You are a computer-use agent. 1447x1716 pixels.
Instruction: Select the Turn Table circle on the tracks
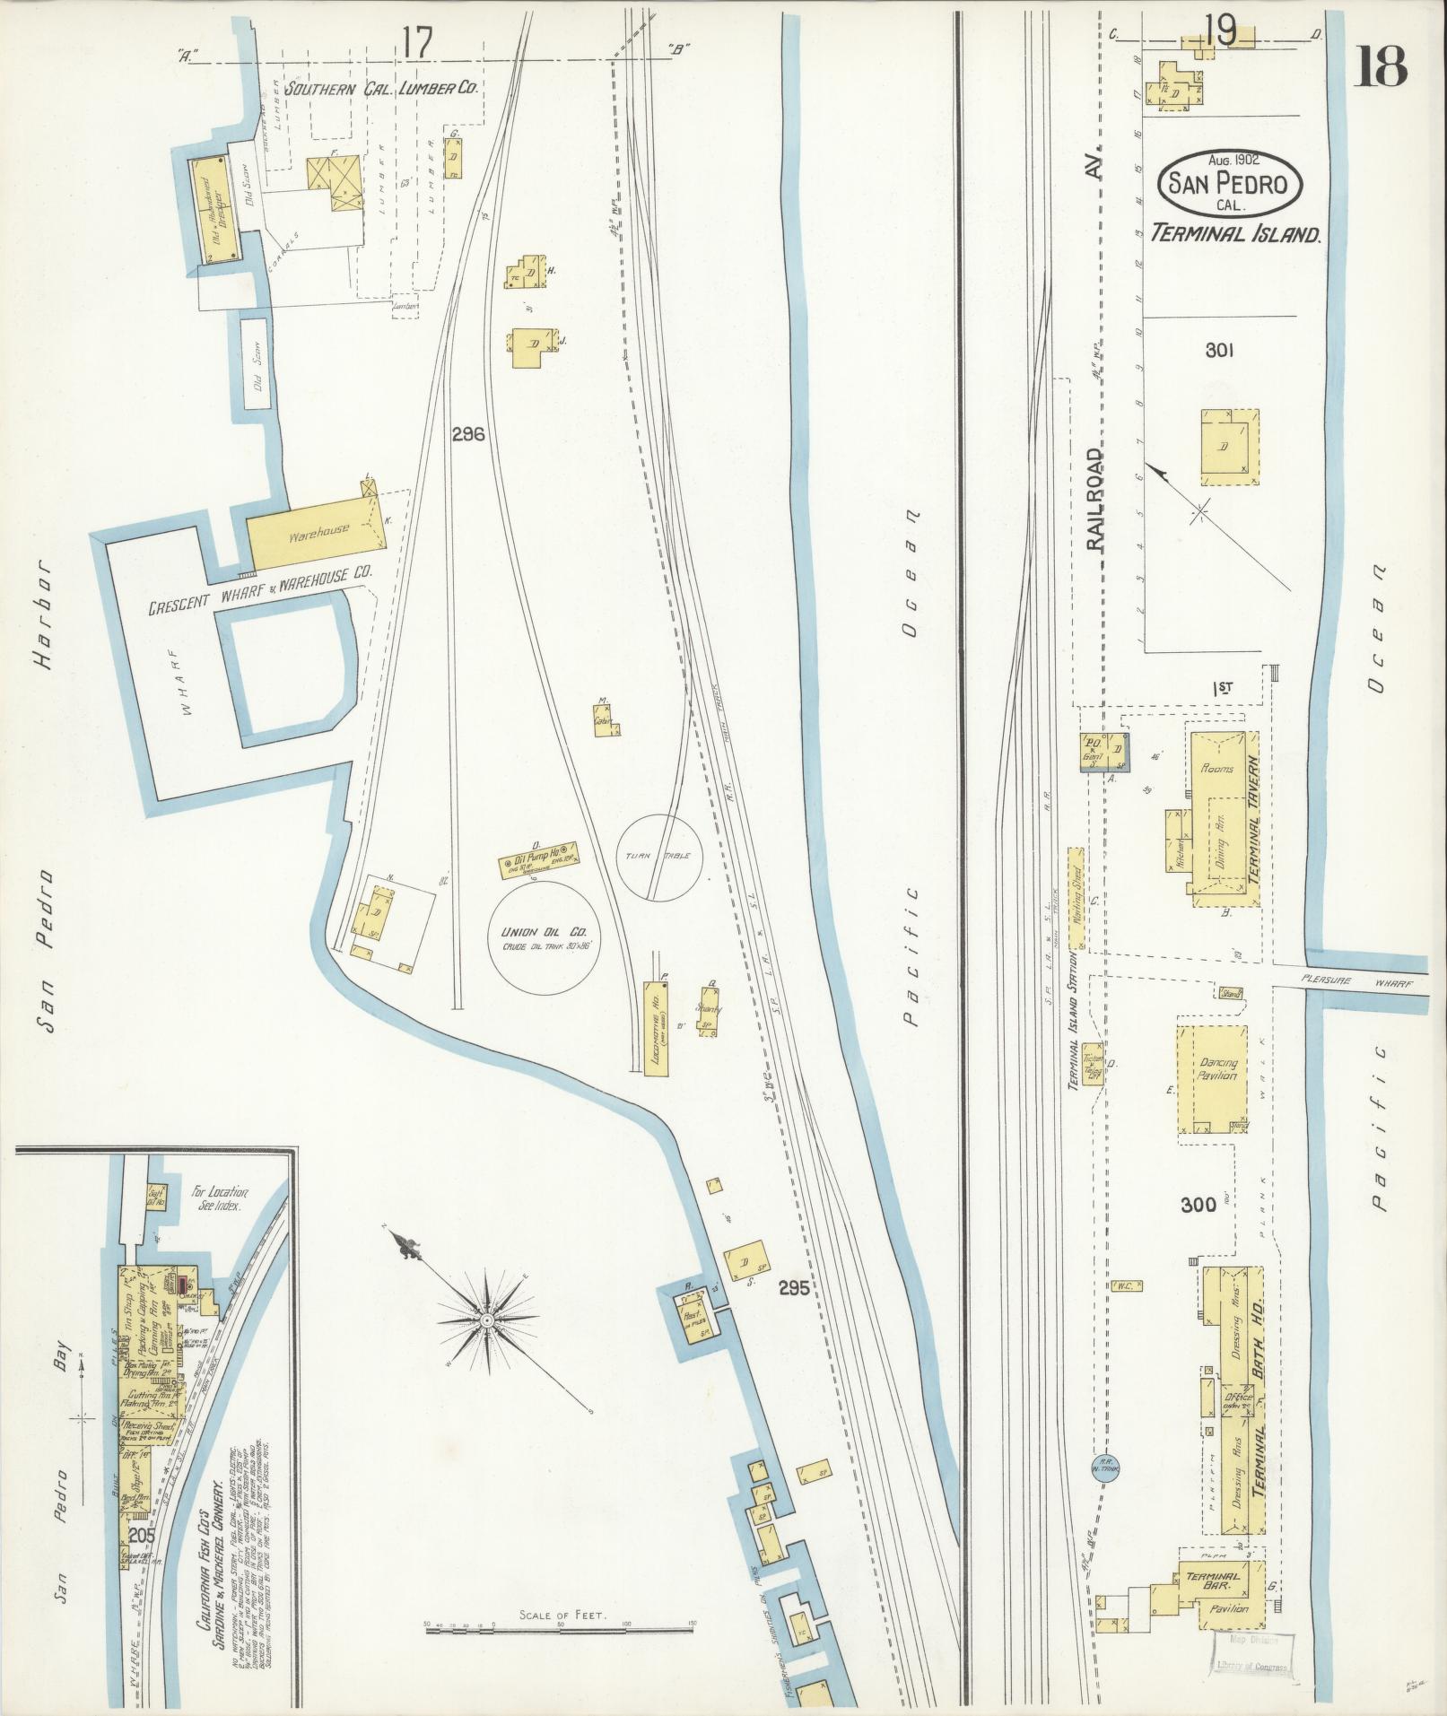(659, 857)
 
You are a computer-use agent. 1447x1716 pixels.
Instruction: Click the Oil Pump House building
(536, 860)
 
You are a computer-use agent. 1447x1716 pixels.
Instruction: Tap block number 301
(1219, 351)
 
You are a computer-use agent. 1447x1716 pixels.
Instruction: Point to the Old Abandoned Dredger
(216, 211)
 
